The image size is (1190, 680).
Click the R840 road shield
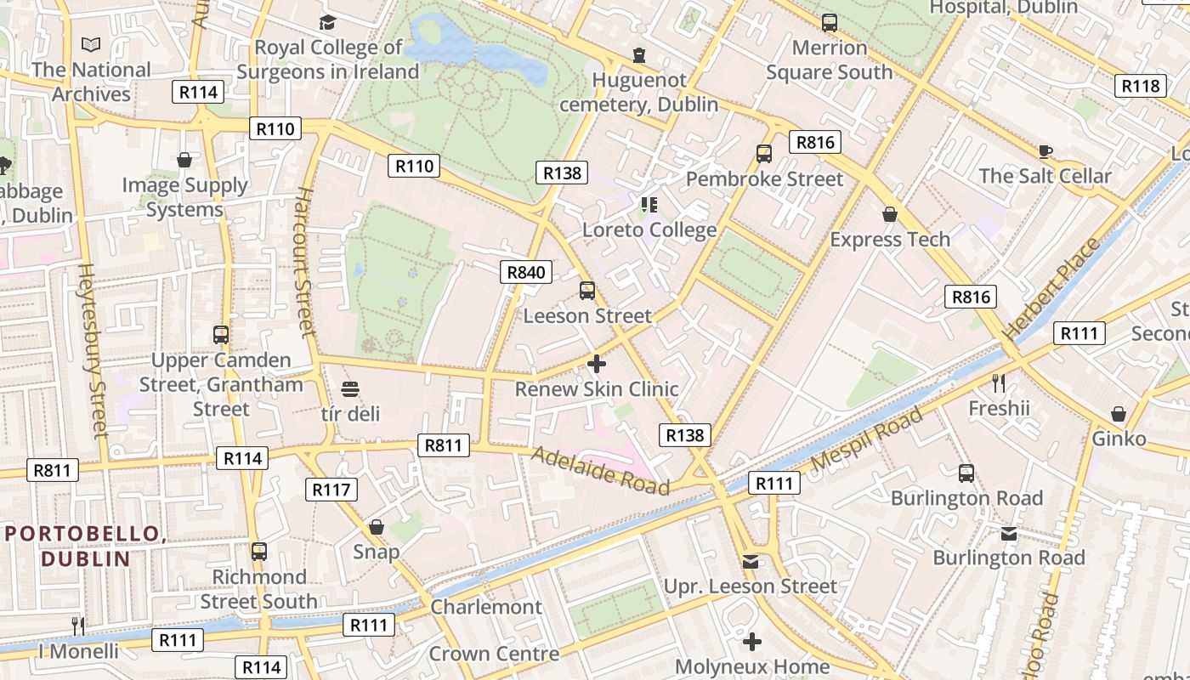click(526, 272)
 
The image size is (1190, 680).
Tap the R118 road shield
click(1140, 86)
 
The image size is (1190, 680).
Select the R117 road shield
click(331, 490)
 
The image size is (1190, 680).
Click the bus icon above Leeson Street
click(587, 291)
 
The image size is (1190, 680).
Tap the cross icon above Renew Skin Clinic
click(597, 364)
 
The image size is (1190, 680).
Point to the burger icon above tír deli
click(350, 389)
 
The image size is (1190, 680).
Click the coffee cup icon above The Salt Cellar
click(1045, 151)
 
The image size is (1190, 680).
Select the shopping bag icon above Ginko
click(1119, 414)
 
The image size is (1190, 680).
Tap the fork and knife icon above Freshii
click(999, 383)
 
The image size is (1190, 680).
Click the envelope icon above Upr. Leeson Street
click(751, 562)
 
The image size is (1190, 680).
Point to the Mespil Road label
click(866, 440)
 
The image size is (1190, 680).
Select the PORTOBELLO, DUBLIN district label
click(85, 546)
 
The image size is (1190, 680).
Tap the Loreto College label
click(649, 229)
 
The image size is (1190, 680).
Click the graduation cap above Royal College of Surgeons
click(327, 22)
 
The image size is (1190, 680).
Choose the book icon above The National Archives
click(91, 44)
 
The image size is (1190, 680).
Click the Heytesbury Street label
click(93, 348)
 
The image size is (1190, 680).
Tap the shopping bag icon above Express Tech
click(890, 214)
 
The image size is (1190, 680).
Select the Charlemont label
click(485, 607)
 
